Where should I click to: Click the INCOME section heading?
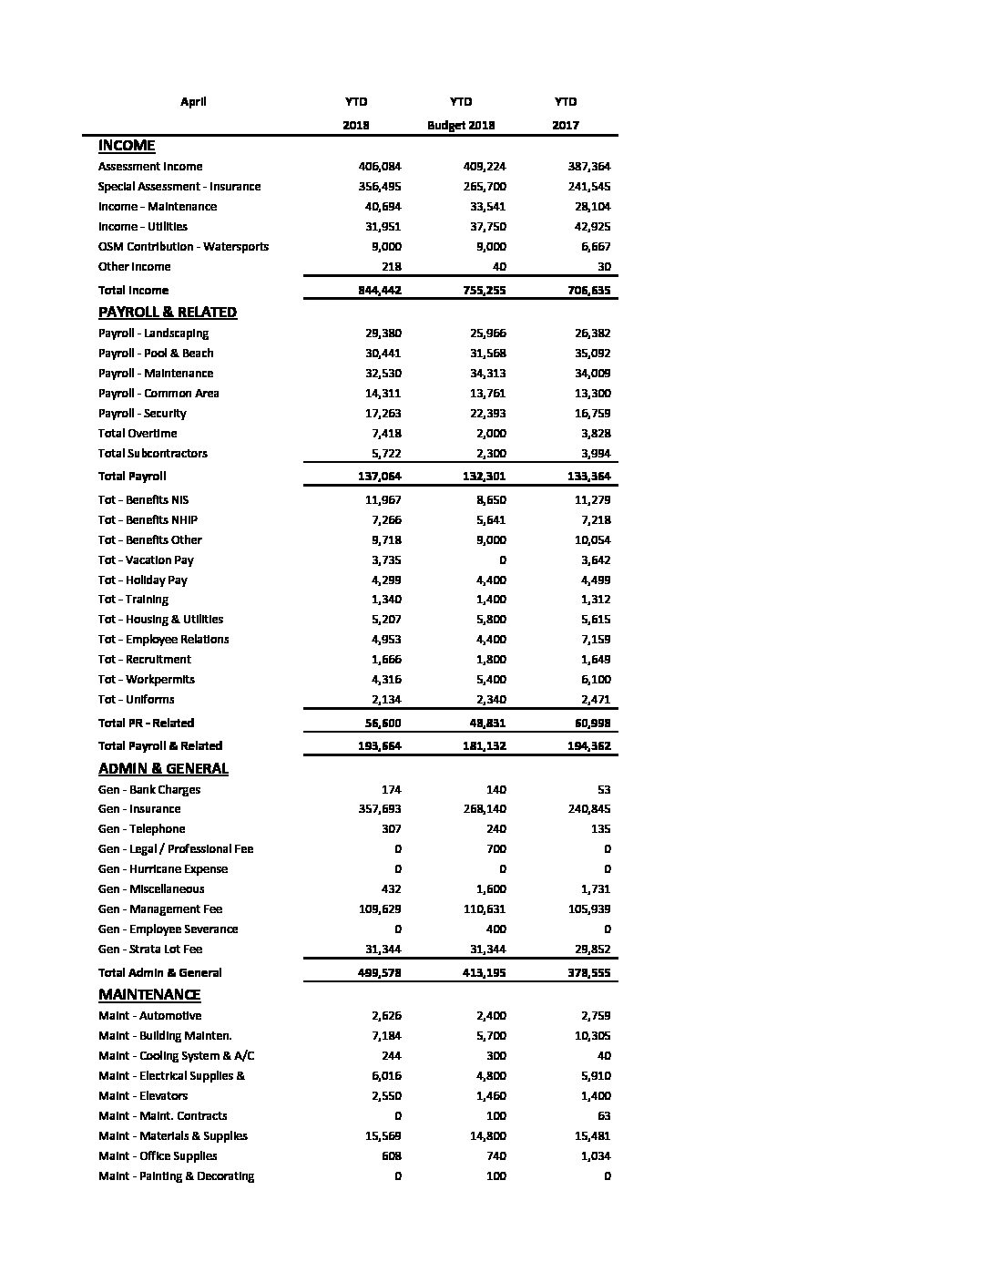tap(127, 146)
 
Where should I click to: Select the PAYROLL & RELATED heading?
tap(168, 313)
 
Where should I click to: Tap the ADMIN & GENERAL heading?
tap(163, 769)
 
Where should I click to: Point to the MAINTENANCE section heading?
tap(149, 995)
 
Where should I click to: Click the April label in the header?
tap(193, 102)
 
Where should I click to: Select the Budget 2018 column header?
tap(461, 126)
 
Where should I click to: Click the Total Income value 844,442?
tap(380, 291)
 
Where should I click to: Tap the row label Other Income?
tap(135, 267)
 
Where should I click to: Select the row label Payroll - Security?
tap(142, 414)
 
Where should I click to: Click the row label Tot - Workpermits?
tap(147, 680)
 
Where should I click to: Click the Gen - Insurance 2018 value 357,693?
tap(380, 809)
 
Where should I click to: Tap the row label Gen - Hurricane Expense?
tap(163, 869)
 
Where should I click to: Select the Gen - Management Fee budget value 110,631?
tap(485, 909)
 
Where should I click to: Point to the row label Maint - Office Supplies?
tap(158, 1156)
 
